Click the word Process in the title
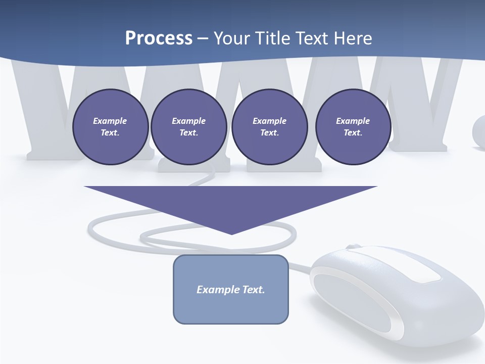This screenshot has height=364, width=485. [x=159, y=38]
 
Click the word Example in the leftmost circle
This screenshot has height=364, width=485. [x=110, y=121]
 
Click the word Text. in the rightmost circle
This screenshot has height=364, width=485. [x=353, y=132]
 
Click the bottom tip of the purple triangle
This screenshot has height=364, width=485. [x=231, y=233]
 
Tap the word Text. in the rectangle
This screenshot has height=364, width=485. [x=255, y=290]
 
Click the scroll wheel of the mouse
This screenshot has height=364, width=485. [x=354, y=247]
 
